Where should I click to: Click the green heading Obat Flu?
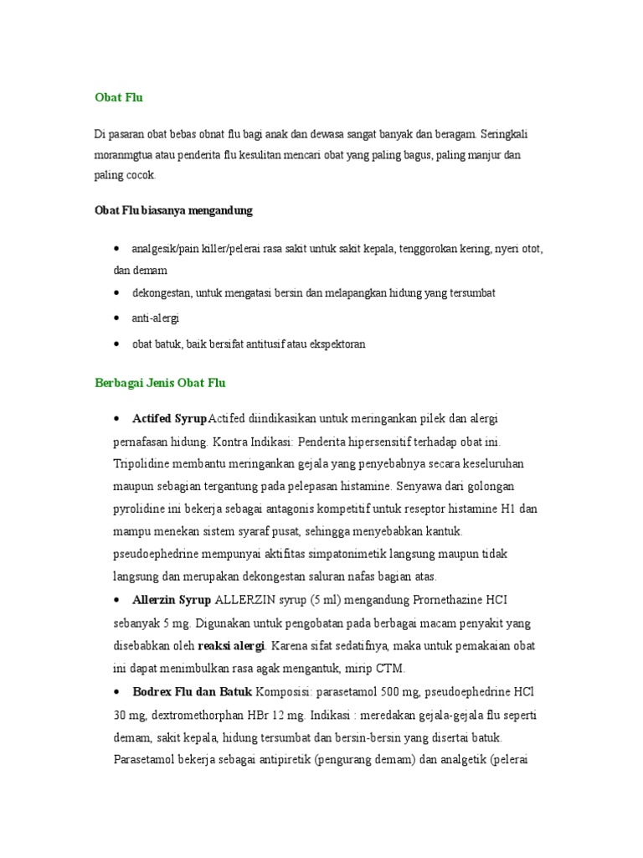click(x=118, y=97)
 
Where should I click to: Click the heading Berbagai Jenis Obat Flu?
click(x=159, y=383)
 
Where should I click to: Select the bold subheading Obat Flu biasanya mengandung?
click(x=173, y=211)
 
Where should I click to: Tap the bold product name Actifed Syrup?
click(x=170, y=418)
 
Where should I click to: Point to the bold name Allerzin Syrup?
click(x=172, y=600)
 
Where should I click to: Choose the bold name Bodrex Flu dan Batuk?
click(x=192, y=692)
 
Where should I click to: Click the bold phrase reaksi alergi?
click(x=231, y=646)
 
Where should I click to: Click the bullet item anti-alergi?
click(x=156, y=318)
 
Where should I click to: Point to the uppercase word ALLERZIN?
click(x=246, y=600)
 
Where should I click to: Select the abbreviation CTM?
click(x=391, y=669)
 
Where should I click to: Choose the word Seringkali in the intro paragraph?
click(x=504, y=133)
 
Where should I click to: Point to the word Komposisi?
click(x=285, y=692)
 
